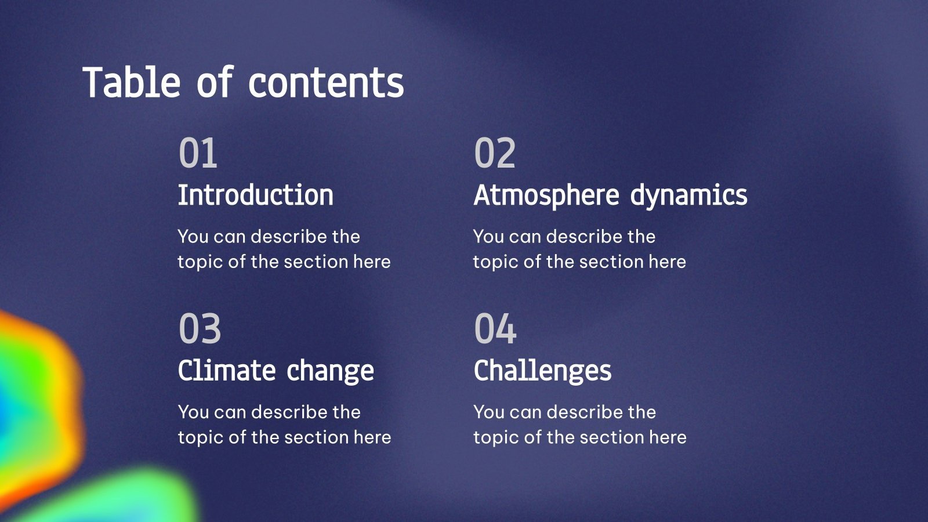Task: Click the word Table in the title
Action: click(x=132, y=82)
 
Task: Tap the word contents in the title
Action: click(x=326, y=82)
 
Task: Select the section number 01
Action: click(x=198, y=153)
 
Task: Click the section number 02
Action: click(x=495, y=153)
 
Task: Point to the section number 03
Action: click(x=200, y=329)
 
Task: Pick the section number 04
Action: click(x=495, y=329)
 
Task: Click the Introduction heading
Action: click(x=255, y=195)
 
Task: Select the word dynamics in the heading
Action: click(x=688, y=196)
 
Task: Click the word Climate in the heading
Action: click(x=227, y=371)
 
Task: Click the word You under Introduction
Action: click(x=193, y=237)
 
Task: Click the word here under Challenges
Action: click(x=668, y=437)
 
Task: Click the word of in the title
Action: click(x=214, y=82)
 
